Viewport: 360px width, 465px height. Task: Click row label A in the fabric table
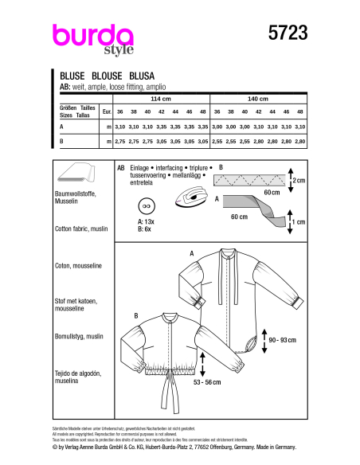click(62, 127)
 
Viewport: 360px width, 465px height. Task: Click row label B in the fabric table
click(62, 140)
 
